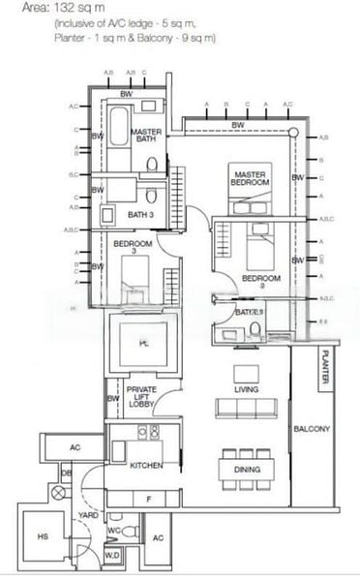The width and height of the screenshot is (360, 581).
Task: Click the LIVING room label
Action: tap(246, 389)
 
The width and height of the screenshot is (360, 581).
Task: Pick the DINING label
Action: tap(246, 469)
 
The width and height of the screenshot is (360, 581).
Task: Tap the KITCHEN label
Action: tap(145, 466)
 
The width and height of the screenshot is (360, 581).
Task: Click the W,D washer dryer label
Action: tap(111, 556)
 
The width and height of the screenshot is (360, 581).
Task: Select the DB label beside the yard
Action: tap(67, 473)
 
